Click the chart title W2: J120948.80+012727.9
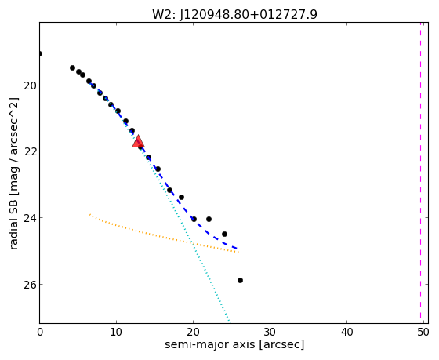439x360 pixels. (234, 14)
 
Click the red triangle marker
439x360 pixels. (138, 141)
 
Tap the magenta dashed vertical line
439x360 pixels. (420, 170)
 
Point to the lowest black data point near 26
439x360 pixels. (240, 280)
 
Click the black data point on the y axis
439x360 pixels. (40, 53)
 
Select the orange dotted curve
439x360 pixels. (164, 234)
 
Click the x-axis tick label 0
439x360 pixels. (40, 332)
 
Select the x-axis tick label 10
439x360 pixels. (116, 332)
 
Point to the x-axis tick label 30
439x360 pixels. (270, 332)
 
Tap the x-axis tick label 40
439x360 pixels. (346, 332)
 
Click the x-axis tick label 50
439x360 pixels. (423, 332)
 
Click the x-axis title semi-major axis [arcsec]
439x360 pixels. (234, 344)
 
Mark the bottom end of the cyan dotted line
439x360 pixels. (229, 321)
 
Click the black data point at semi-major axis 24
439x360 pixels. (224, 234)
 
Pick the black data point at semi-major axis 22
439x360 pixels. (209, 219)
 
